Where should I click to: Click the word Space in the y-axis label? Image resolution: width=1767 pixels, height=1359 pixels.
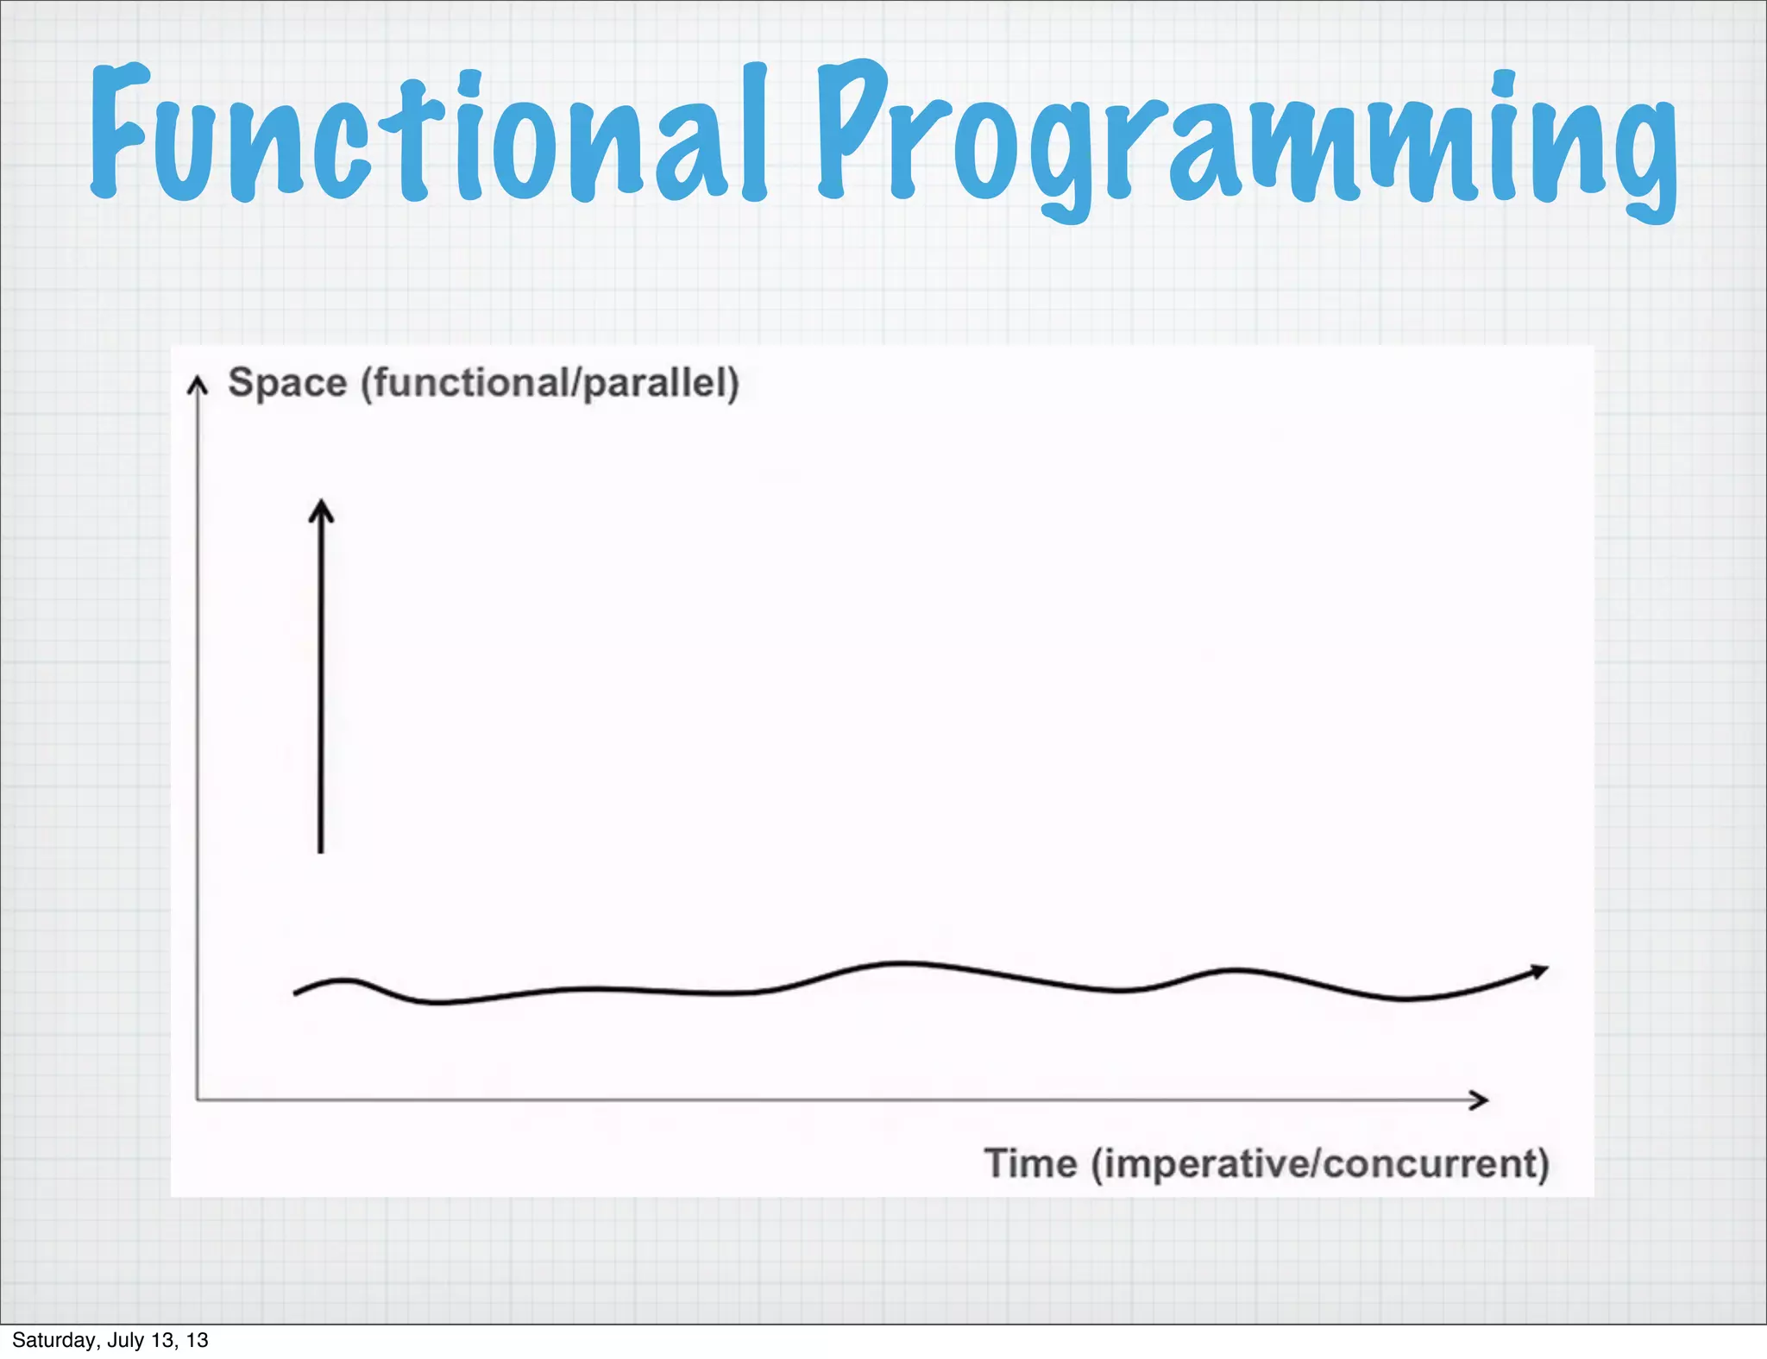[x=287, y=383]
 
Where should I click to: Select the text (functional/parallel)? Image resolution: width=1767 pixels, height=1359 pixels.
[x=550, y=383]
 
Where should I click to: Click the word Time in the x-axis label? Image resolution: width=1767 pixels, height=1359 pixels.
[x=1030, y=1163]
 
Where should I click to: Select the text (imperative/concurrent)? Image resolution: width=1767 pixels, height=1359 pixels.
[x=1320, y=1164]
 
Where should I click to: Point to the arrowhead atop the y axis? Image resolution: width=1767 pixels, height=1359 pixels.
[x=198, y=384]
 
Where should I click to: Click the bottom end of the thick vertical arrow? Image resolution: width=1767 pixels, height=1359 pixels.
[x=321, y=849]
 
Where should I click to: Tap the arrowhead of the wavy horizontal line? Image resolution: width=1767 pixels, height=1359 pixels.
[x=1540, y=972]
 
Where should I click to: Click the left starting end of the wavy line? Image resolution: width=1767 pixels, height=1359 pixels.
[x=297, y=993]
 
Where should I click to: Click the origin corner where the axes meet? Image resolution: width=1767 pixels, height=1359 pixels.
[x=198, y=1099]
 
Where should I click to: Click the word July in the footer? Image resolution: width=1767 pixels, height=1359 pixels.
[x=126, y=1340]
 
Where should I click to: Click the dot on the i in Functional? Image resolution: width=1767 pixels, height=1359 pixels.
[x=471, y=84]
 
